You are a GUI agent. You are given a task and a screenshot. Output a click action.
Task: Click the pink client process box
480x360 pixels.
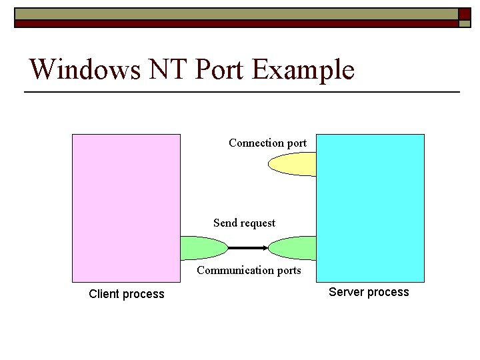(x=126, y=193)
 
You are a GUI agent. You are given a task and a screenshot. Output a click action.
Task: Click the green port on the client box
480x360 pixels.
(x=203, y=248)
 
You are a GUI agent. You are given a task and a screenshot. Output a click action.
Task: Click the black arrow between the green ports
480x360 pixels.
(x=248, y=248)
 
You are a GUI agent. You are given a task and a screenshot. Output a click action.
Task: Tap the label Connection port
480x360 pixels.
(x=267, y=143)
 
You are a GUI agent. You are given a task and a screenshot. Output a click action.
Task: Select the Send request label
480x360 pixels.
(x=244, y=223)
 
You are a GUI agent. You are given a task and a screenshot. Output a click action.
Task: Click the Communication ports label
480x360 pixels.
(x=249, y=270)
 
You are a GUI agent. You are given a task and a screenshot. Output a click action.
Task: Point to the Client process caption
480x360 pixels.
(x=126, y=294)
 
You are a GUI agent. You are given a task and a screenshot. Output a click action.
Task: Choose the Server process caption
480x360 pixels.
(x=369, y=292)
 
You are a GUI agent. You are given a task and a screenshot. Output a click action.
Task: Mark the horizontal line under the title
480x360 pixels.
(x=242, y=91)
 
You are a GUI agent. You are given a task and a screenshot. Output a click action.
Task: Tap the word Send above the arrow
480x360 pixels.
(x=225, y=223)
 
